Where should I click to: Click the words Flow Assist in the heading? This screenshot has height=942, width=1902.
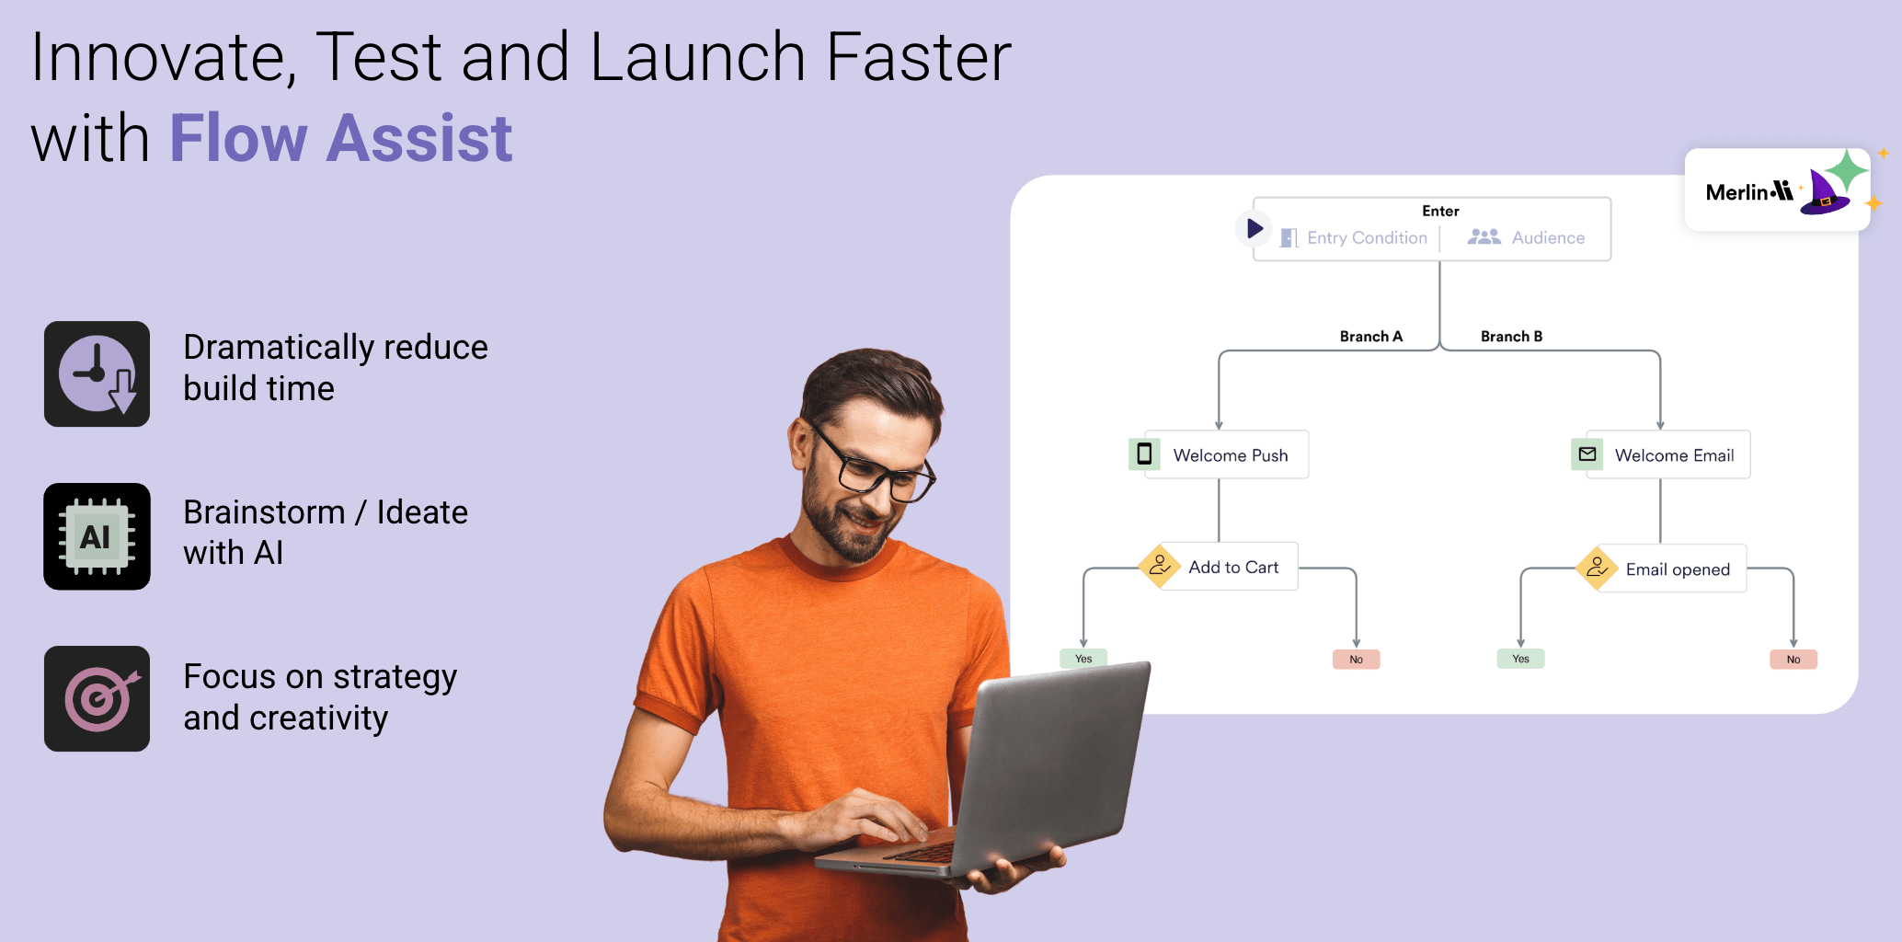pyautogui.click(x=340, y=138)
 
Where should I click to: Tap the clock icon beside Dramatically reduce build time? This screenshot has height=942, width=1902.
pyautogui.click(x=97, y=373)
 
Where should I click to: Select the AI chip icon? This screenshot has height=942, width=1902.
pyautogui.click(x=97, y=536)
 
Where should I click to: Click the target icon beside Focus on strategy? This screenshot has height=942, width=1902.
pyautogui.click(x=97, y=698)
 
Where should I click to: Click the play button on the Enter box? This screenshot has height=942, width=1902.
pyautogui.click(x=1254, y=227)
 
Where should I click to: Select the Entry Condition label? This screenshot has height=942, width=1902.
pyautogui.click(x=1367, y=237)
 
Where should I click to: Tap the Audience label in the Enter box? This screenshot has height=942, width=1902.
pyautogui.click(x=1548, y=237)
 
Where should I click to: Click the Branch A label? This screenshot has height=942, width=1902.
pyautogui.click(x=1370, y=337)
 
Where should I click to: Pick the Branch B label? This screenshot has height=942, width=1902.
pyautogui.click(x=1511, y=337)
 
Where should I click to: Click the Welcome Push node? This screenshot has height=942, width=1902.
pyautogui.click(x=1218, y=454)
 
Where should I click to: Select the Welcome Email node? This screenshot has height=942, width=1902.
pyautogui.click(x=1660, y=454)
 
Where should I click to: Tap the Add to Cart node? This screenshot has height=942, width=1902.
pyautogui.click(x=1219, y=567)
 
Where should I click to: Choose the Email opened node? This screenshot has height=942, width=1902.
pyautogui.click(x=1661, y=569)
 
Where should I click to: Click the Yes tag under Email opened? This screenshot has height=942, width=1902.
pyautogui.click(x=1520, y=659)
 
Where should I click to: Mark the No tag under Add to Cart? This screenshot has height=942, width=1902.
pyautogui.click(x=1356, y=660)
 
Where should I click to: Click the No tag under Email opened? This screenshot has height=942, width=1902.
pyautogui.click(x=1793, y=660)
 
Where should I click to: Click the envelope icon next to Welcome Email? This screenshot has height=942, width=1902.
pyautogui.click(x=1587, y=454)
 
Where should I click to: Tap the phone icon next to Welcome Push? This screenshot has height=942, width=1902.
pyautogui.click(x=1144, y=454)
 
